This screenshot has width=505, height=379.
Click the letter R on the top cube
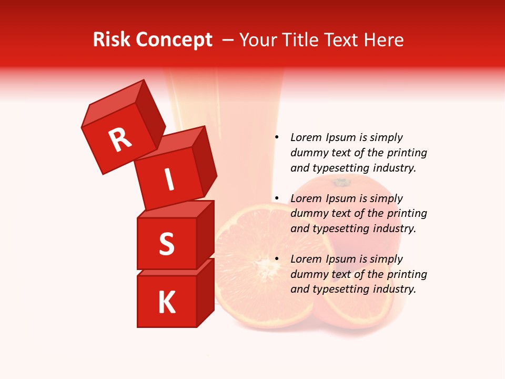120,139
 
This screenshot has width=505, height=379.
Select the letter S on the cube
166,244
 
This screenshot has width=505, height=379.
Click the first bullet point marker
276,137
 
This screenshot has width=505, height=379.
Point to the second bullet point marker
276,198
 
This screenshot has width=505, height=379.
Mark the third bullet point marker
276,259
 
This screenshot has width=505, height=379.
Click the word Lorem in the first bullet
306,137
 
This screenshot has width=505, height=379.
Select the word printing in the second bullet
407,213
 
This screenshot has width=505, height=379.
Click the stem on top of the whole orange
341,182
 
